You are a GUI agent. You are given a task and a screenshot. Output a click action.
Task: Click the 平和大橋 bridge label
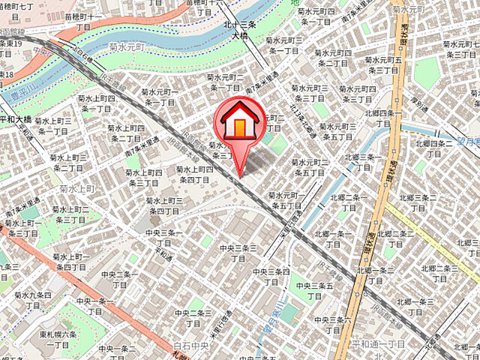point(16,119)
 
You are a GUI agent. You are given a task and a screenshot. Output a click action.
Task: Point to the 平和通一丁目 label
point(378,343)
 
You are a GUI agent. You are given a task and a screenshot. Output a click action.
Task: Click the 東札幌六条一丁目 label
point(58,339)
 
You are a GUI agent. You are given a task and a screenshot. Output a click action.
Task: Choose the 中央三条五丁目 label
point(313,291)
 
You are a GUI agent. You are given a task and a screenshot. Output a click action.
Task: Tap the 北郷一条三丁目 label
point(376,275)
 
